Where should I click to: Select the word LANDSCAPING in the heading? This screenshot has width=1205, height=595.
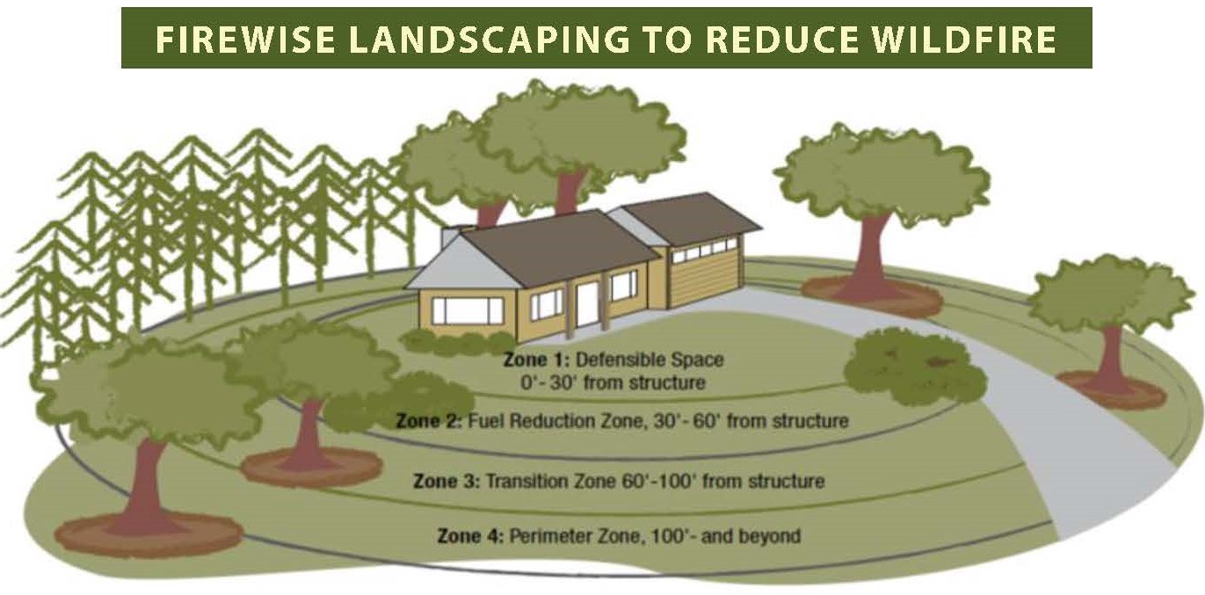click(x=491, y=40)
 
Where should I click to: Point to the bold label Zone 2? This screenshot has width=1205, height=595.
click(x=429, y=421)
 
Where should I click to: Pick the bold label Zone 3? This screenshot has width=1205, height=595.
click(x=446, y=481)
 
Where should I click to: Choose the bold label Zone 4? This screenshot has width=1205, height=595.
click(x=470, y=536)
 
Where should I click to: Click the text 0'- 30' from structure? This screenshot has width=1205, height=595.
click(x=613, y=383)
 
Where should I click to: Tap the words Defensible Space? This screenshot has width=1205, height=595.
click(x=650, y=359)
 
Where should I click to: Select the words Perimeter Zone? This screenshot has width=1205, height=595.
click(x=577, y=536)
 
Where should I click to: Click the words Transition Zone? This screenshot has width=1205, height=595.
click(x=551, y=481)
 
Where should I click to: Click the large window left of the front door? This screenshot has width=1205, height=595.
click(x=468, y=311)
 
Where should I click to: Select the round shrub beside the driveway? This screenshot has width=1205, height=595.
click(x=914, y=366)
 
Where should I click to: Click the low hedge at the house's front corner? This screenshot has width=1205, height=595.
click(x=457, y=342)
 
